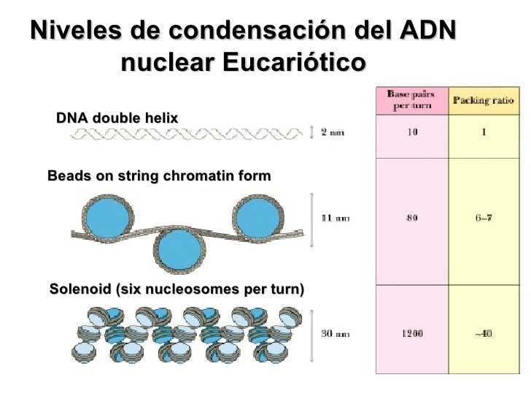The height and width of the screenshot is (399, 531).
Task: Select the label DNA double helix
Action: pyautogui.click(x=117, y=118)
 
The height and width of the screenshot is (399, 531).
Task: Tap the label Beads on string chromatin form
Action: pyautogui.click(x=158, y=176)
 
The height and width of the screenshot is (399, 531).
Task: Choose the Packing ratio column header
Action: pyautogui.click(x=484, y=100)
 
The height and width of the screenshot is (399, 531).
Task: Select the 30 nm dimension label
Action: pyautogui.click(x=336, y=334)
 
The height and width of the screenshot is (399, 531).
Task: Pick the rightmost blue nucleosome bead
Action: pyautogui.click(x=258, y=216)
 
